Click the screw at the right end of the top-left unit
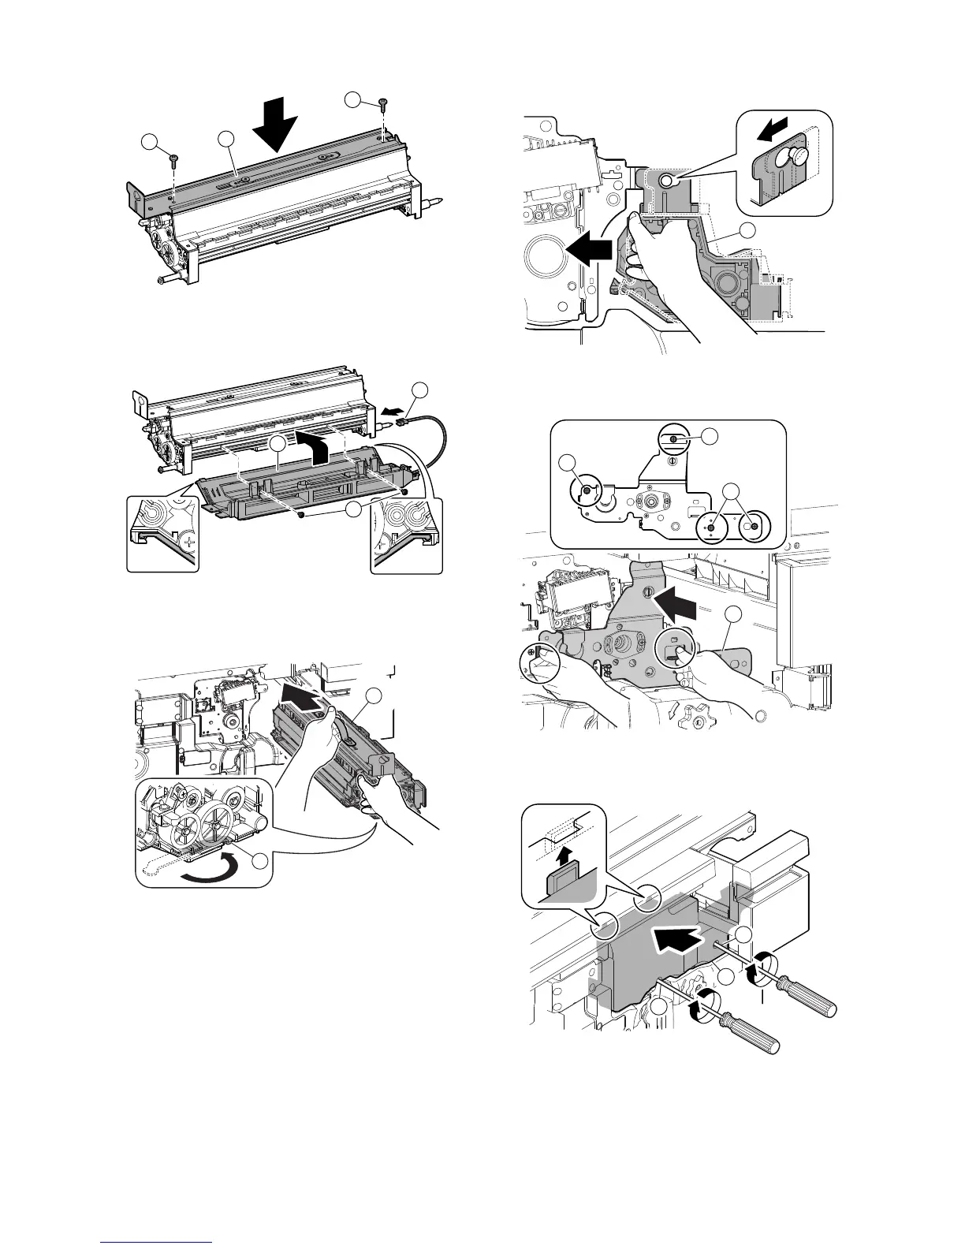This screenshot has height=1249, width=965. (383, 104)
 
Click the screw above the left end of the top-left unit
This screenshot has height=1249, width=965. (173, 160)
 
